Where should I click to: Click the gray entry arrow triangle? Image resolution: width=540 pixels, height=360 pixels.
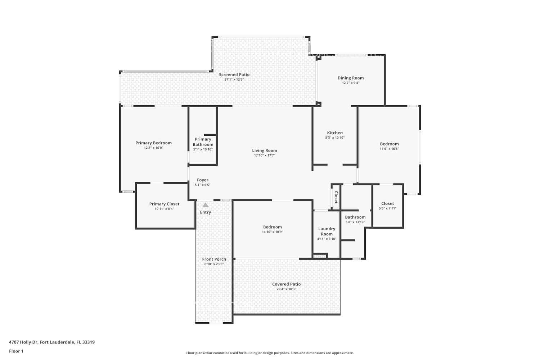(206, 205)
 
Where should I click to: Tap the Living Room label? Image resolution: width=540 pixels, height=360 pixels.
(265, 150)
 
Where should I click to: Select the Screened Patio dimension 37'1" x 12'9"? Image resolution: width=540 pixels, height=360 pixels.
(234, 79)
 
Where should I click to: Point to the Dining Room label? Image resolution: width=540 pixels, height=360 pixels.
(351, 78)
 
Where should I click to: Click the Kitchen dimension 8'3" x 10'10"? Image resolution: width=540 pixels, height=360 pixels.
(335, 138)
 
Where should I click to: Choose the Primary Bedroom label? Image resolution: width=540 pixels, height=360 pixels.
(154, 143)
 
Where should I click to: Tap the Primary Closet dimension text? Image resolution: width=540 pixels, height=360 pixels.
(164, 209)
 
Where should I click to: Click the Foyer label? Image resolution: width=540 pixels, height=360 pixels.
(202, 180)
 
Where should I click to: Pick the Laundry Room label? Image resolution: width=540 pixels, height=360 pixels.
(327, 231)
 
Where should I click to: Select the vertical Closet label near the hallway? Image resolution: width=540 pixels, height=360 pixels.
(336, 197)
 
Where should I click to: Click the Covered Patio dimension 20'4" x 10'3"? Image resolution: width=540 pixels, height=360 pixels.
(286, 289)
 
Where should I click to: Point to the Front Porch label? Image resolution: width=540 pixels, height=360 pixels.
(214, 259)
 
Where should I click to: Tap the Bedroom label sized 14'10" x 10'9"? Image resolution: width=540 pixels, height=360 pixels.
(273, 227)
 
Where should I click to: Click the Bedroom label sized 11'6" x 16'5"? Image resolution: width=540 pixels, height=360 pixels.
(389, 144)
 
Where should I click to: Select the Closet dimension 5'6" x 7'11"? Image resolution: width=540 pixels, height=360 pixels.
(387, 208)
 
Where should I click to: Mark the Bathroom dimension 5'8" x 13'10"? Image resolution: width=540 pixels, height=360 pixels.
(355, 222)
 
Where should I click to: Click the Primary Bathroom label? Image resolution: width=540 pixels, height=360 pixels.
(203, 142)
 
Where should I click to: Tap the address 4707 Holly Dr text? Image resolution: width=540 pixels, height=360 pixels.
(23, 342)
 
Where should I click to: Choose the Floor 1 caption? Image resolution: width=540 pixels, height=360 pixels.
(16, 351)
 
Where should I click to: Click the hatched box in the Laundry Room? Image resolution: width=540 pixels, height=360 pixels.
(320, 256)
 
